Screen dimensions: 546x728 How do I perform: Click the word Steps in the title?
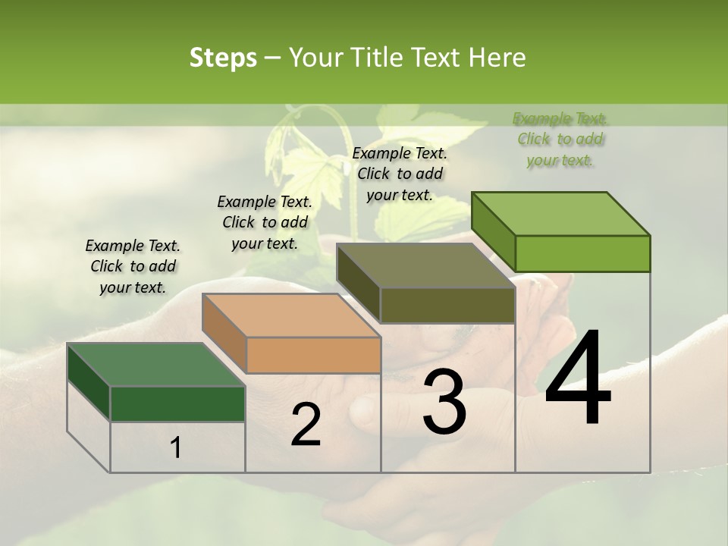tap(223, 58)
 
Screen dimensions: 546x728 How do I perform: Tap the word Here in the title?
tap(497, 58)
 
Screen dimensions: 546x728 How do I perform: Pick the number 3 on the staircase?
tap(444, 402)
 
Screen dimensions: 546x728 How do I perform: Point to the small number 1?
tap(175, 448)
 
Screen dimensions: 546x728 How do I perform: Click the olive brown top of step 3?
tap(425, 266)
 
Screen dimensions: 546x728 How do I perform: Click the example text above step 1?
tap(133, 266)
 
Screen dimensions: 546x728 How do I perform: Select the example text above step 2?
tap(265, 222)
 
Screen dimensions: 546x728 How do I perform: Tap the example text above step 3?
tap(400, 174)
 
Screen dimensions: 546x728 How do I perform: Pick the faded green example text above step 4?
tap(560, 139)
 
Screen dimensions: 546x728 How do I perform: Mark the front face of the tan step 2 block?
tap(314, 355)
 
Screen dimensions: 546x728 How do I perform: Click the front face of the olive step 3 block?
tap(447, 306)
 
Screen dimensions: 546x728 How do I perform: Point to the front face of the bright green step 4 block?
tap(582, 253)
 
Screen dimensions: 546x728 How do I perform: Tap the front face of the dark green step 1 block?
tap(177, 403)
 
